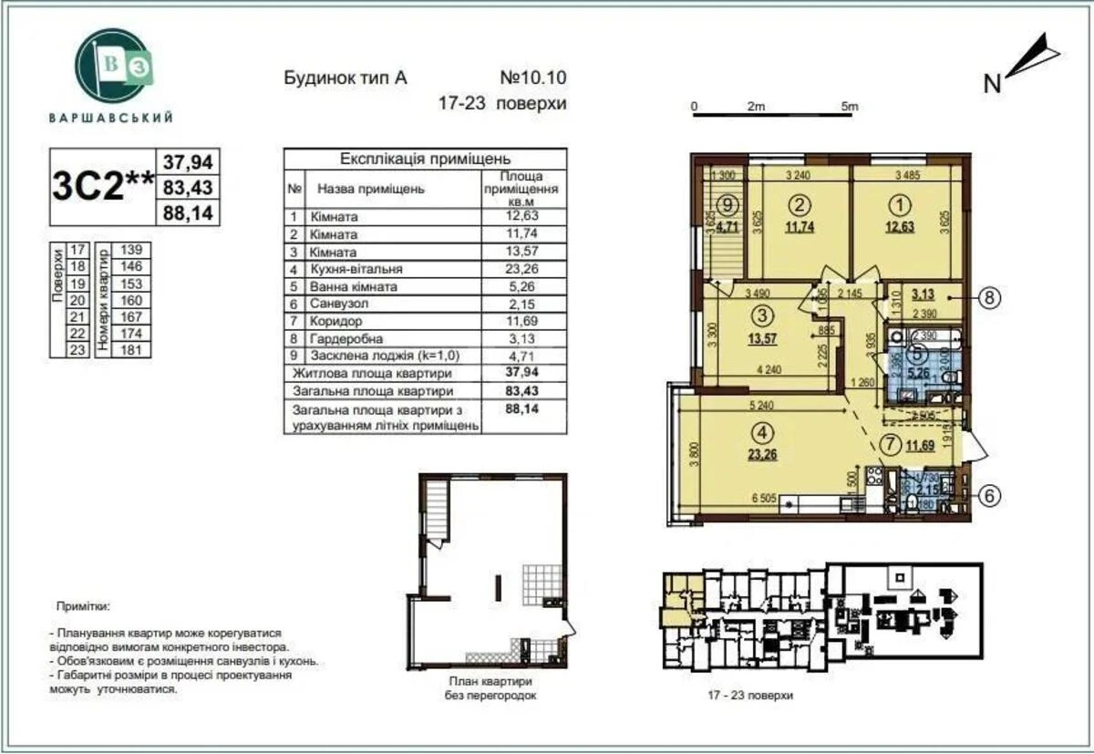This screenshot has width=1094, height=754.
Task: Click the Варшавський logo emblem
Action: (x=110, y=67)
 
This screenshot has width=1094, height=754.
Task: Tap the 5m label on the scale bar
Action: (x=849, y=107)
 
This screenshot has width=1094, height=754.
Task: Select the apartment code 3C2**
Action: (x=102, y=187)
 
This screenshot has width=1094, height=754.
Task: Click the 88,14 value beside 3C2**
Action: (x=188, y=214)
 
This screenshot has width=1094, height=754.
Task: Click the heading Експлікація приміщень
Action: (x=425, y=159)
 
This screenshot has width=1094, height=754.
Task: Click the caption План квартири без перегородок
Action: (x=490, y=687)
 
